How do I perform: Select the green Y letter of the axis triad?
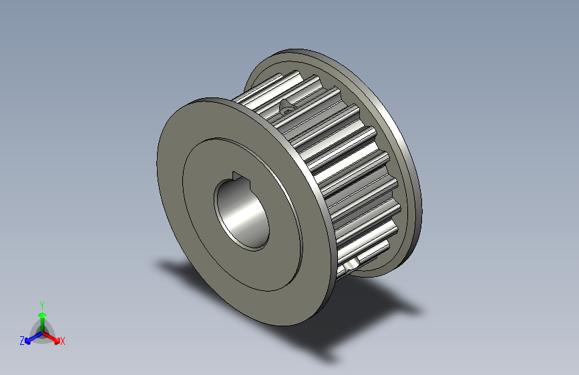tap(42, 304)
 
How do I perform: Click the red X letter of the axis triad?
tap(63, 341)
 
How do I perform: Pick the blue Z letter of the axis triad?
tap(22, 340)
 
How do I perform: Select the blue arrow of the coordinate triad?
tap(30, 337)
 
